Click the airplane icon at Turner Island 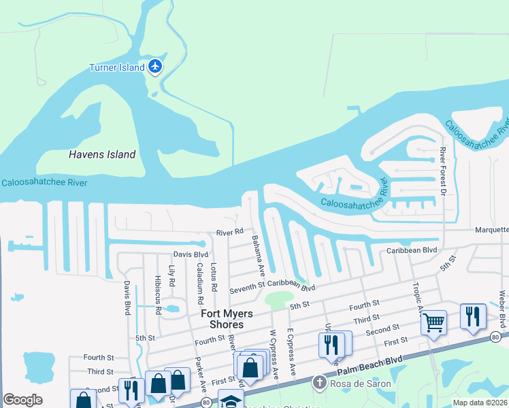pyautogui.click(x=155, y=67)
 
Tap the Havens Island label pyautogui.click(x=102, y=154)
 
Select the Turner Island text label pyautogui.click(x=117, y=67)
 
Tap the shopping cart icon pyautogui.click(x=433, y=322)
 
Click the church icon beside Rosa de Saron pyautogui.click(x=318, y=384)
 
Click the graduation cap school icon pyautogui.click(x=231, y=402)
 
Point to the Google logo pyautogui.click(x=22, y=400)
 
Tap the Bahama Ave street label pyautogui.click(x=258, y=255)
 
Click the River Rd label pyautogui.click(x=229, y=232)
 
